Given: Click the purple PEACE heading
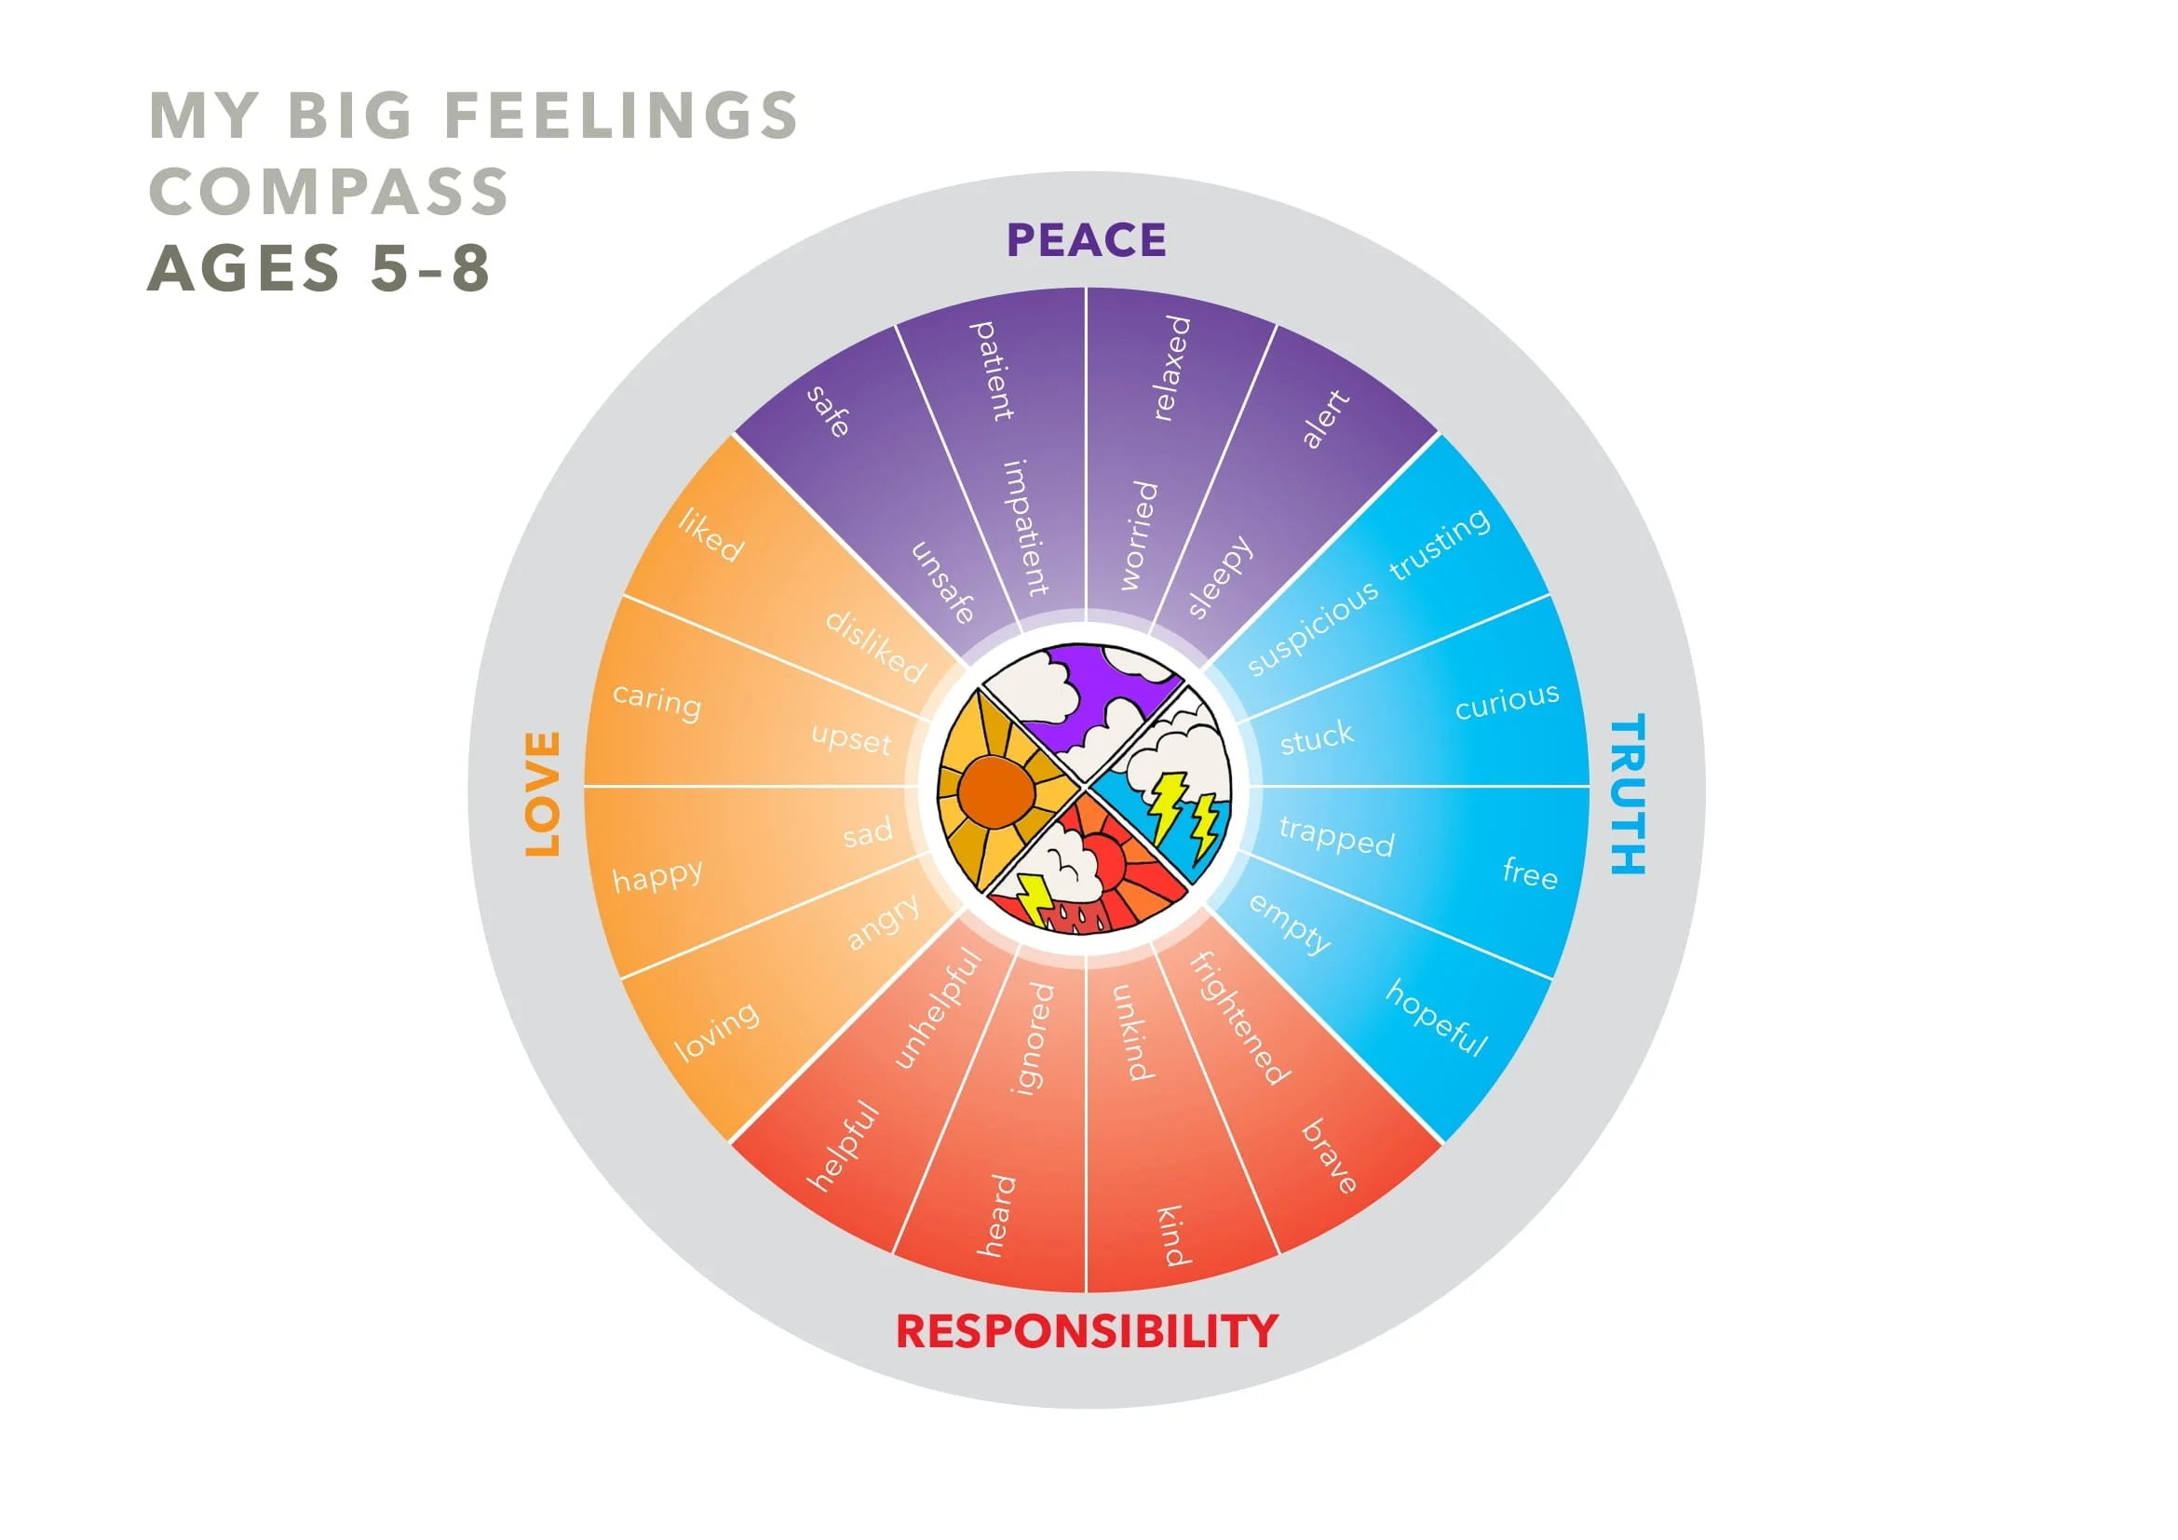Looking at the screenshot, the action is click(1086, 240).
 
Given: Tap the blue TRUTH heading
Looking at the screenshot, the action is click(1628, 794).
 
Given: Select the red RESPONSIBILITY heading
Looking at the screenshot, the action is click(1087, 1331).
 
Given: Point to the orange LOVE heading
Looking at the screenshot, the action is click(544, 794).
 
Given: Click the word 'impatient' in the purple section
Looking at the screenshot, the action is click(1026, 527).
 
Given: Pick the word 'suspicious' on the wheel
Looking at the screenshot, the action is click(1312, 628).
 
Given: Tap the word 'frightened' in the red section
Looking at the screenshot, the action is click(1238, 1018).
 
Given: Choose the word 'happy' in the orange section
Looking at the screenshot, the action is click(657, 875).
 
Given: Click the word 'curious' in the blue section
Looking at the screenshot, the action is click(1507, 702).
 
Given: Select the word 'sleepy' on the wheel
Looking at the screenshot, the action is click(1220, 576).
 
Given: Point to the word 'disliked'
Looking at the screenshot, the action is click(874, 647).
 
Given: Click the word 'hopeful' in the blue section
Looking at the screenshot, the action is click(1436, 1018).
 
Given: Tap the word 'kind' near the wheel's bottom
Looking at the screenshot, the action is click(1171, 1236).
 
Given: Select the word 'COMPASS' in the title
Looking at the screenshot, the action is click(329, 191).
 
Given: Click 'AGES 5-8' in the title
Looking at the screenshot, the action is click(319, 267).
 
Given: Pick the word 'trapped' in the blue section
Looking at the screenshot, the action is click(1336, 836).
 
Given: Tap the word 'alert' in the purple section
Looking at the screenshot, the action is click(1324, 418).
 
